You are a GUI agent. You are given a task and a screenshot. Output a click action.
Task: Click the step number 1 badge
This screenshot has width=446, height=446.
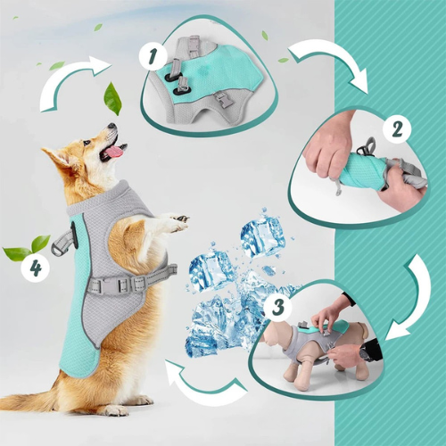[x=153, y=56]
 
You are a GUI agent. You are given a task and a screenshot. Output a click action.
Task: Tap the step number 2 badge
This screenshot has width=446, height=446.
[x=397, y=129]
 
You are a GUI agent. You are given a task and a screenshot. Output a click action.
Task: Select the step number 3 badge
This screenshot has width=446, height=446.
[x=278, y=306]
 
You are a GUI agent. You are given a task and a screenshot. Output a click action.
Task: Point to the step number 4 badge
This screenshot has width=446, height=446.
[x=36, y=268]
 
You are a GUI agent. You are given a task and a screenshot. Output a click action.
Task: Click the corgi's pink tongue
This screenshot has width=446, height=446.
[x=113, y=152]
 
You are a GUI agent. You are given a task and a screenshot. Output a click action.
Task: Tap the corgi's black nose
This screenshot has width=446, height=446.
[x=112, y=126]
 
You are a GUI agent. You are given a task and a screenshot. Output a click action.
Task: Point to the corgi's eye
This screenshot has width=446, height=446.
[x=87, y=143]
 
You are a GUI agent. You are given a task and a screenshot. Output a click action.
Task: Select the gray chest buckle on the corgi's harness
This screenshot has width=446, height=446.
[x=127, y=284]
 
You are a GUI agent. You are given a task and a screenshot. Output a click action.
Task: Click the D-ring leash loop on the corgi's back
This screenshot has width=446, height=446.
[x=61, y=243]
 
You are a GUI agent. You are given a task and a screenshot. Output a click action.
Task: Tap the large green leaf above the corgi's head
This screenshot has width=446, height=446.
[x=112, y=98]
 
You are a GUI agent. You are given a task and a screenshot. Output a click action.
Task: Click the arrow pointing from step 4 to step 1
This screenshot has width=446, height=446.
[x=74, y=83]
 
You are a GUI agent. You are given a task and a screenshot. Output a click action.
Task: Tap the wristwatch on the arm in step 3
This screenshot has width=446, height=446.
[x=364, y=354]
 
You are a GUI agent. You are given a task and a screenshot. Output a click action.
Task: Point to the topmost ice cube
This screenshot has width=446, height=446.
[x=261, y=235]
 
